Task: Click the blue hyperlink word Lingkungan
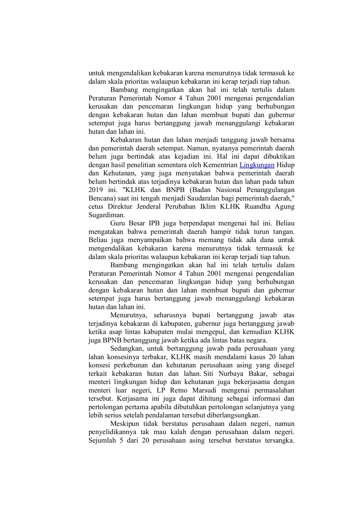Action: [x=257, y=165]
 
